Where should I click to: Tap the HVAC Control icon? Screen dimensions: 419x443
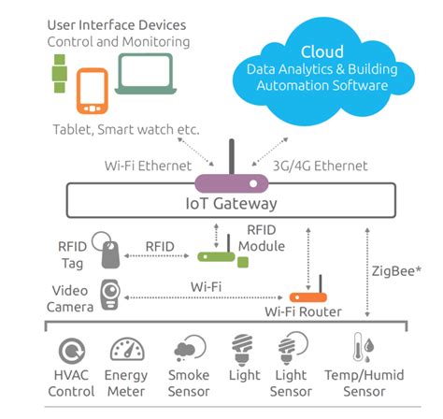pos(69,353)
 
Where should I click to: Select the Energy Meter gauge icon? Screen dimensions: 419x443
pos(128,352)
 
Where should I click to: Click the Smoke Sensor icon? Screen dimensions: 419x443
pos(184,352)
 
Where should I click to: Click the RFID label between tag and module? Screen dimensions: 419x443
pos(160,247)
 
